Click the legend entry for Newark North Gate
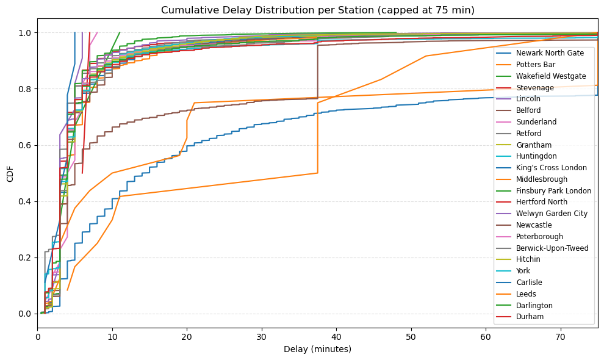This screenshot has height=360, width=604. pos(550,53)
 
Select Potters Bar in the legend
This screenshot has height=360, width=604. pos(536,65)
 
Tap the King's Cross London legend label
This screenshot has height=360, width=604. pos(551,168)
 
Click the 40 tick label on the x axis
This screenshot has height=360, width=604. pos(337,336)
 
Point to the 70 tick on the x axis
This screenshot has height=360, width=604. pos(561,336)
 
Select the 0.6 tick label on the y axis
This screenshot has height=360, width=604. pos(26,145)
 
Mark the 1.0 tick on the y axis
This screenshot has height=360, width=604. pos(26,32)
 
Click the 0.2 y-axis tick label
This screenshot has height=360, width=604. pos(26,257)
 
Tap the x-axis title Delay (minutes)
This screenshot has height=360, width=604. pos(317,350)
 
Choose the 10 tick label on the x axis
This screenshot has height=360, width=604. pos(112,336)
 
